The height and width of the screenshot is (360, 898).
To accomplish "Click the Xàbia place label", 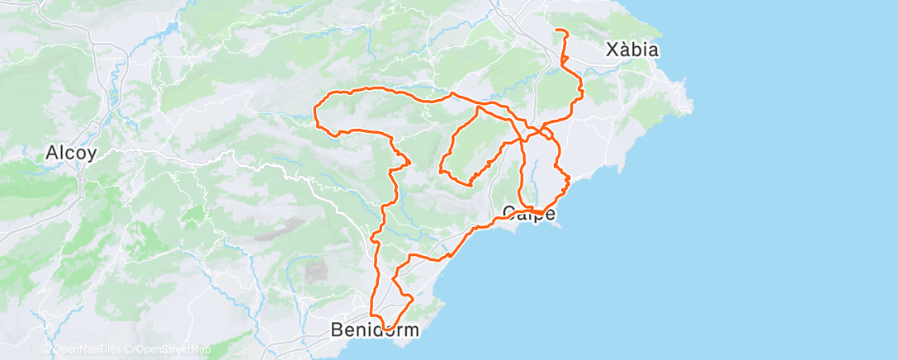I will pyautogui.click(x=632, y=50).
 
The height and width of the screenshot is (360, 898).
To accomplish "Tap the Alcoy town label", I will pyautogui.click(x=72, y=153).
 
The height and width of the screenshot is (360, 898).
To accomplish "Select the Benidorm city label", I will pyautogui.click(x=375, y=329).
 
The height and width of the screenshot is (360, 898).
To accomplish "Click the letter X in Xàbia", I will pyautogui.click(x=612, y=50).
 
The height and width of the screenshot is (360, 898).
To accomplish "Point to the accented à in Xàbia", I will pyautogui.click(x=626, y=50).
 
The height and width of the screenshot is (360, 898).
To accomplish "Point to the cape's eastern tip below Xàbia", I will pyautogui.click(x=691, y=105).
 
